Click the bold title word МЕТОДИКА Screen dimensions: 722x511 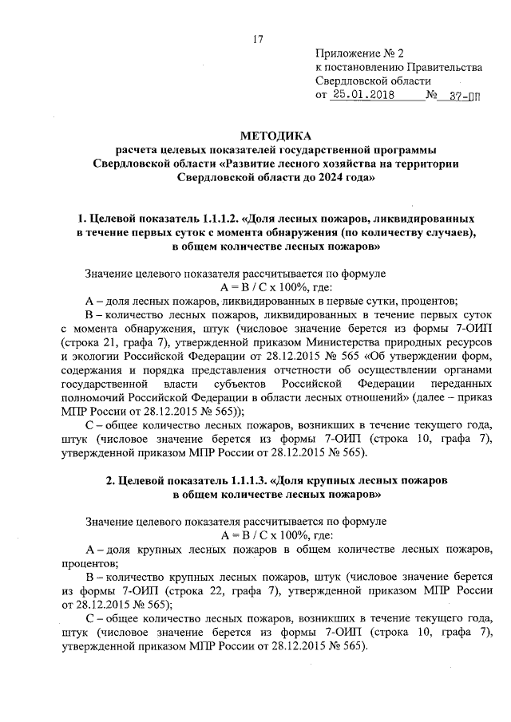(255, 135)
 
